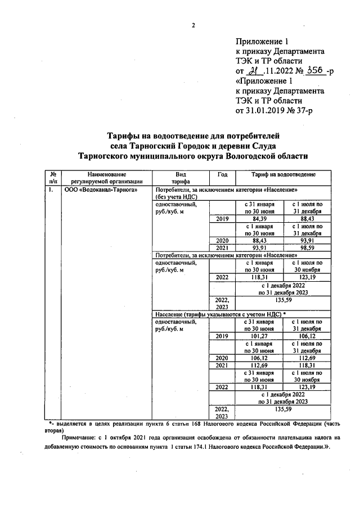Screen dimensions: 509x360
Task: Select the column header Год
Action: [222, 174]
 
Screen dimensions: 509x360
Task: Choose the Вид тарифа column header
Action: [180, 178]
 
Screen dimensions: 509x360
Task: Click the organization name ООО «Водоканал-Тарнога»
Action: [93, 191]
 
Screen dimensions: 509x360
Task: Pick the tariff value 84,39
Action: [259, 219]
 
